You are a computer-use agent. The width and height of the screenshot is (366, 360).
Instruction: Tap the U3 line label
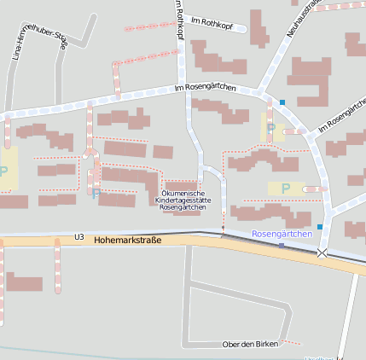coord(79,237)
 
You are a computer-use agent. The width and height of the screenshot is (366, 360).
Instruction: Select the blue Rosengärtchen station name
coord(282,234)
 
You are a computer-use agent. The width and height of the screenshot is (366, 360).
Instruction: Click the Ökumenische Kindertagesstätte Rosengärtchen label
coord(184,200)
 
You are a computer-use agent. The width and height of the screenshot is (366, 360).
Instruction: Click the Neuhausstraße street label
coord(304,17)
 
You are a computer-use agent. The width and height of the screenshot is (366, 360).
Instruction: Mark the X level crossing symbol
coord(322,253)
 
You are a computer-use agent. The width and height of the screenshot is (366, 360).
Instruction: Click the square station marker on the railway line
coord(281,245)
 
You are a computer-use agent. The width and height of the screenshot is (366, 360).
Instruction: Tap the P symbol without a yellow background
coord(96,193)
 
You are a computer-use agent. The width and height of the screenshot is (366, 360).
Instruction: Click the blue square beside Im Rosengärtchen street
coord(282,102)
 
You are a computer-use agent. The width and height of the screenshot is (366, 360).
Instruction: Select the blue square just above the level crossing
coord(320,226)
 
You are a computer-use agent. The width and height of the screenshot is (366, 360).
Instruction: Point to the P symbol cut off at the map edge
coord(3,171)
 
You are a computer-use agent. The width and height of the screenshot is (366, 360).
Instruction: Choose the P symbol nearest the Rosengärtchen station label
coord(285,188)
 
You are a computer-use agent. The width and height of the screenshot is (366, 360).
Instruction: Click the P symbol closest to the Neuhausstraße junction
coord(271,128)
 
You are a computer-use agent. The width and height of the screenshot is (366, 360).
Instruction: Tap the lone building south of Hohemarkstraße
coord(24,283)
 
